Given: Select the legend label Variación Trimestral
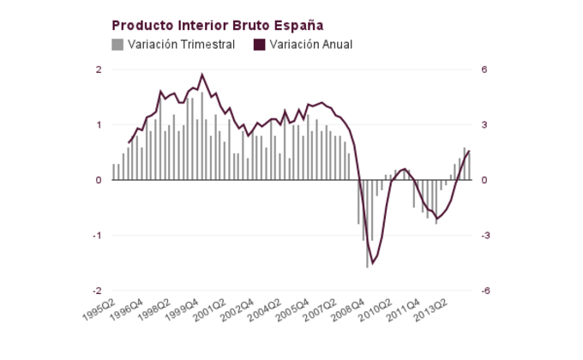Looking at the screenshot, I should tap(181, 45).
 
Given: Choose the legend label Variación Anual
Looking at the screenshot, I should tap(310, 45).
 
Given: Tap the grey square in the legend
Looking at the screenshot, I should tap(117, 45).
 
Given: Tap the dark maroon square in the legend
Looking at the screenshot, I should tap(259, 45).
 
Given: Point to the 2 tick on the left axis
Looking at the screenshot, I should tap(99, 69).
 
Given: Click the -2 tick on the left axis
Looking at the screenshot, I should tap(97, 291).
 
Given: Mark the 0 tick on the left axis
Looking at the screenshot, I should tap(99, 180).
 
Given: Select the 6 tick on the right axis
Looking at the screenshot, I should tap(484, 69).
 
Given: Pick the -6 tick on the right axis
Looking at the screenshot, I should tap(485, 291).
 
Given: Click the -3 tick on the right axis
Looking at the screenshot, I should tap(485, 236).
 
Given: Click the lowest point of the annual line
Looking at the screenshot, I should tap(372, 263).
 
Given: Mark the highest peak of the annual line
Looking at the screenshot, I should tap(202, 75).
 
